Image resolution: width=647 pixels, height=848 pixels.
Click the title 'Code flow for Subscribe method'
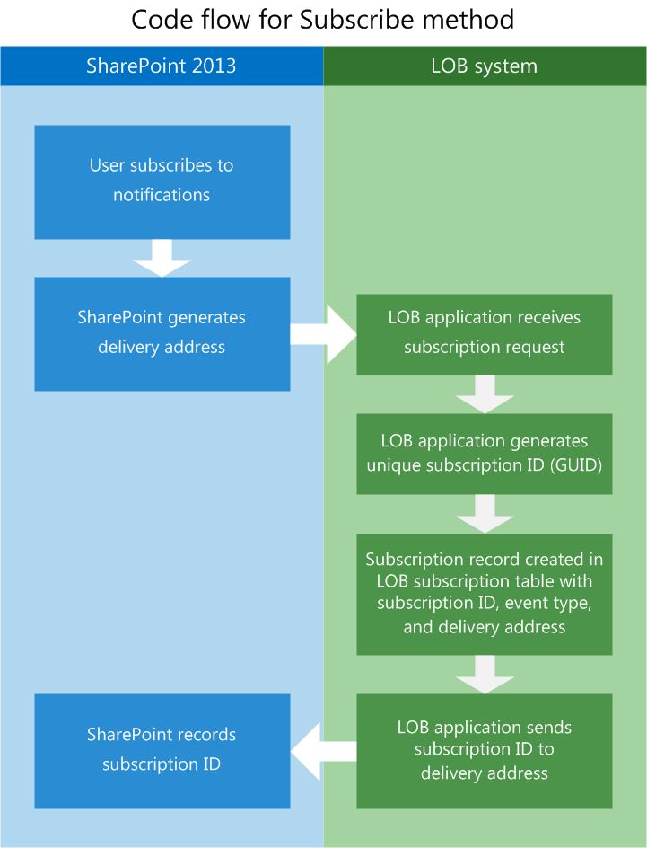(x=323, y=19)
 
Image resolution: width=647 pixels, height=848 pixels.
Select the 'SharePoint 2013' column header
(x=162, y=66)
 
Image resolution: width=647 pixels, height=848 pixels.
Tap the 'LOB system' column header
(x=485, y=66)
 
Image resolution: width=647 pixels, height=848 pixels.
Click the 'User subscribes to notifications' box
(x=162, y=181)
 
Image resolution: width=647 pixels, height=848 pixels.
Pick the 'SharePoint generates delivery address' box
(x=162, y=333)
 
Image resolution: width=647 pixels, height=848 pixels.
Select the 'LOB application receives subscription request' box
(x=485, y=333)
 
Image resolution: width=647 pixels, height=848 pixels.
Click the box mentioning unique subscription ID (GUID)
(x=485, y=453)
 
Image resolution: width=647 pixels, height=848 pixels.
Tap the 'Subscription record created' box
(x=485, y=593)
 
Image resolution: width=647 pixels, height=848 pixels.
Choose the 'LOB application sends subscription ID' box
(x=485, y=750)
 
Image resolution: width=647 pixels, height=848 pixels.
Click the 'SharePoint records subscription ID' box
(x=162, y=750)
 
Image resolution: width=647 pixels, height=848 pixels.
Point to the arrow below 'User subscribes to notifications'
(x=162, y=258)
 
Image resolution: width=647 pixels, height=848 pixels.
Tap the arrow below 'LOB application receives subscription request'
(x=485, y=393)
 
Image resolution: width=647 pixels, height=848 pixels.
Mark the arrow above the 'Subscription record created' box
(x=485, y=513)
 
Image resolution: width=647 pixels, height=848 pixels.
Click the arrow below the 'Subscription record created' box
(x=485, y=674)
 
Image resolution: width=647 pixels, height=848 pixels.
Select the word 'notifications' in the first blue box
(x=162, y=195)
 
